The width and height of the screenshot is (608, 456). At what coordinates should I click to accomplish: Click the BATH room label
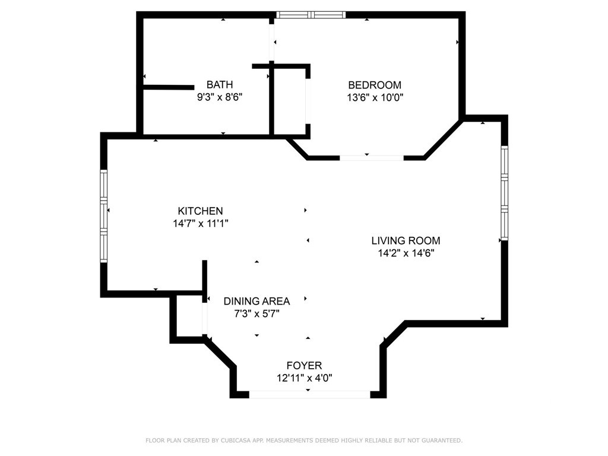tap(220, 84)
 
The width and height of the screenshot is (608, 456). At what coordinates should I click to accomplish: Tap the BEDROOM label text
tap(375, 85)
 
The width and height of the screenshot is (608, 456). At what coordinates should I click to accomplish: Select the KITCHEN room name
tap(200, 211)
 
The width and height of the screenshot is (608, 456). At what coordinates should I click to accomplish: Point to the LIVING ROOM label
tap(406, 241)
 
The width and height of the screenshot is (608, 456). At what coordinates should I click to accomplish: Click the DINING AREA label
tap(256, 301)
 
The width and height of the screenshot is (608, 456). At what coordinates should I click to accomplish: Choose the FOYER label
tap(304, 365)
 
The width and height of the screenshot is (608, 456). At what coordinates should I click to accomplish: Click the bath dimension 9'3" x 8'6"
tap(220, 97)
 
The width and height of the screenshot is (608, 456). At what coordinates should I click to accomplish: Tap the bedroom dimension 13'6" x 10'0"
tap(375, 97)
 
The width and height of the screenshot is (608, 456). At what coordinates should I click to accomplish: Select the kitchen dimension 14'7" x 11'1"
tap(201, 223)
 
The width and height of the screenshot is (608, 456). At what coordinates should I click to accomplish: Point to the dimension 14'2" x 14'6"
tap(406, 253)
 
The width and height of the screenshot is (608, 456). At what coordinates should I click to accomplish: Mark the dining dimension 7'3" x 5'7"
tap(256, 313)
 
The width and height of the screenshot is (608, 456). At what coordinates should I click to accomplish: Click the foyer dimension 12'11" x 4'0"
tap(305, 378)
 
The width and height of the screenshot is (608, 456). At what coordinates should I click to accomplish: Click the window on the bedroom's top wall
tap(311, 15)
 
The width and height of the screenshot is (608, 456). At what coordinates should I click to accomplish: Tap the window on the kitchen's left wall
tap(103, 216)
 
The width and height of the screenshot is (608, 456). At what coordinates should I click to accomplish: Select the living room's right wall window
tap(504, 193)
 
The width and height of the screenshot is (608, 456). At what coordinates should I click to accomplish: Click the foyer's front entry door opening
tap(309, 395)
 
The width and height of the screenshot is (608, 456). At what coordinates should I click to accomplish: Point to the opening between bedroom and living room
tap(372, 158)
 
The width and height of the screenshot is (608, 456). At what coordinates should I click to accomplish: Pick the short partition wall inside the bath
tap(169, 87)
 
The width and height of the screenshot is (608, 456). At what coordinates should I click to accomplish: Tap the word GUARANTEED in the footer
tap(442, 441)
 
